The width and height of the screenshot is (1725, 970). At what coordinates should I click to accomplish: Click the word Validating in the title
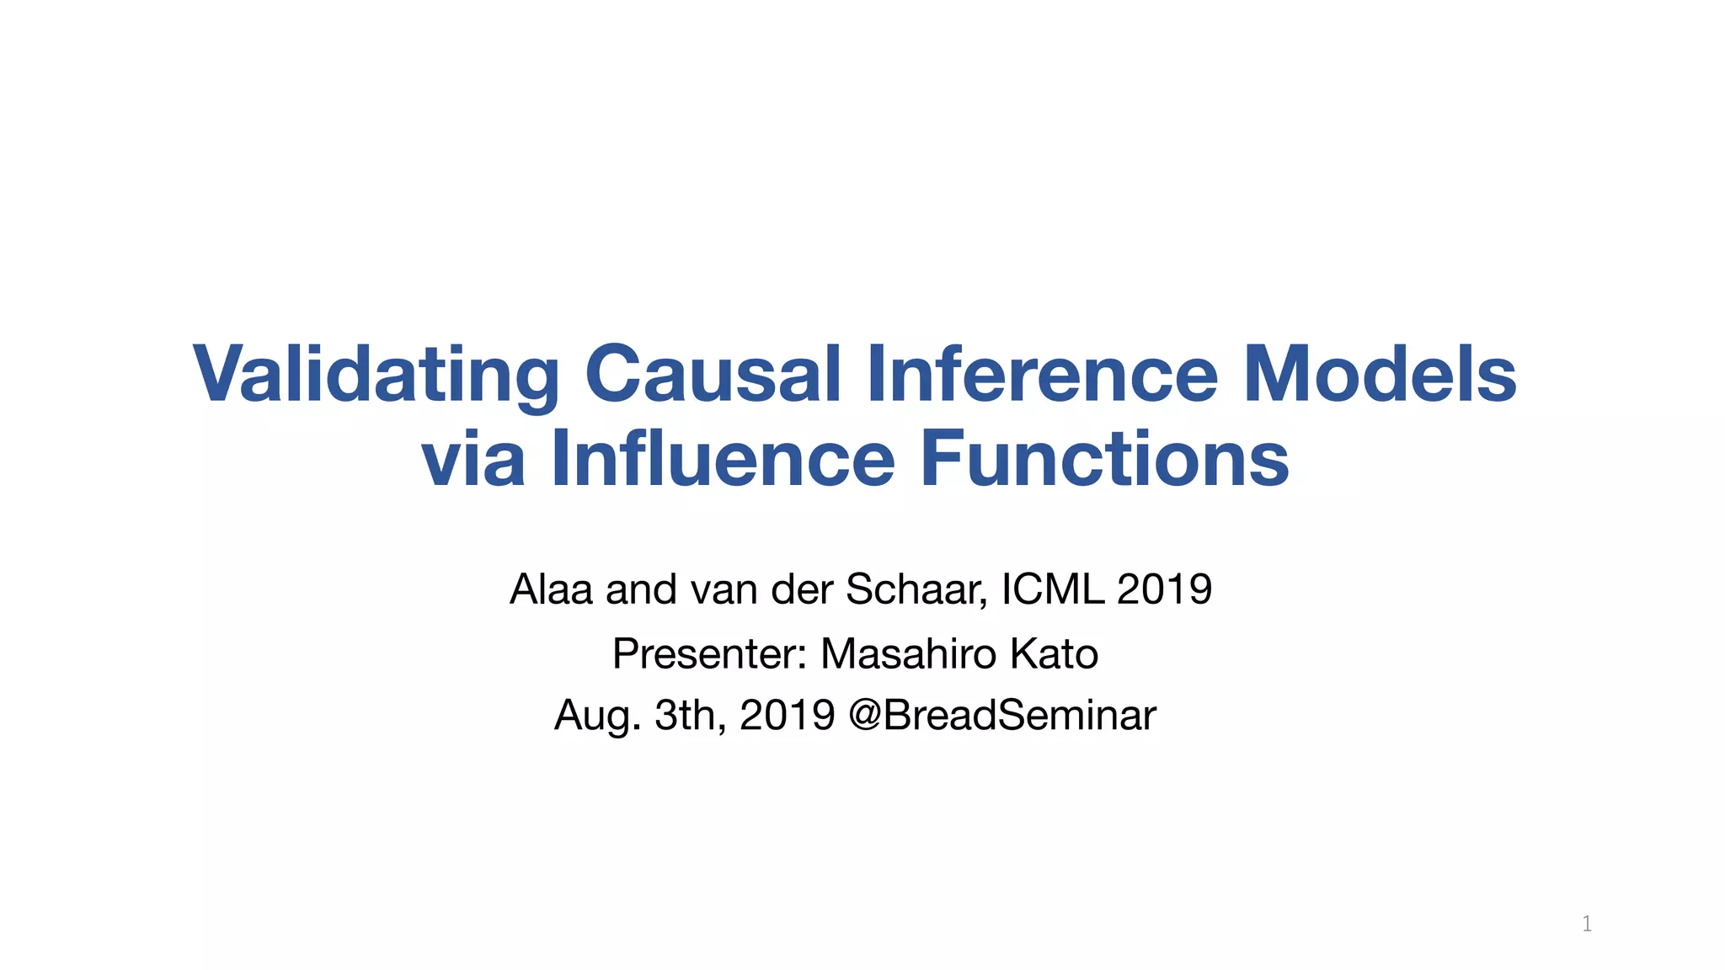[x=376, y=375]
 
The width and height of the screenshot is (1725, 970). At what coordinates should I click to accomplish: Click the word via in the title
[x=473, y=459]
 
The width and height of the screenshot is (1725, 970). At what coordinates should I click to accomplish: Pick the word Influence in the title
[x=723, y=459]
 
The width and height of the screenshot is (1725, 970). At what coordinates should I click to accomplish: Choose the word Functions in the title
[x=1104, y=459]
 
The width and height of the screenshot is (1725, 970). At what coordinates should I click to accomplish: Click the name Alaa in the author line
[x=552, y=589]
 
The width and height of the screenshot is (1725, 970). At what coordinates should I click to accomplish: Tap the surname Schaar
[x=916, y=589]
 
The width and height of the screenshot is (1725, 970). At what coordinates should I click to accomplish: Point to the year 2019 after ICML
[x=1164, y=589]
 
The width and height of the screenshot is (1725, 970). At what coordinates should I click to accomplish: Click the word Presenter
[x=710, y=654]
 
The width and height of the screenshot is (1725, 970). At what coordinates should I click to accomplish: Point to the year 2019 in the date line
[x=787, y=716]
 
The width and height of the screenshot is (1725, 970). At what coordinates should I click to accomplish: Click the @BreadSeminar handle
[x=1002, y=716]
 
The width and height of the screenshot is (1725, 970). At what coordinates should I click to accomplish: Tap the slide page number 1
[x=1587, y=924]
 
